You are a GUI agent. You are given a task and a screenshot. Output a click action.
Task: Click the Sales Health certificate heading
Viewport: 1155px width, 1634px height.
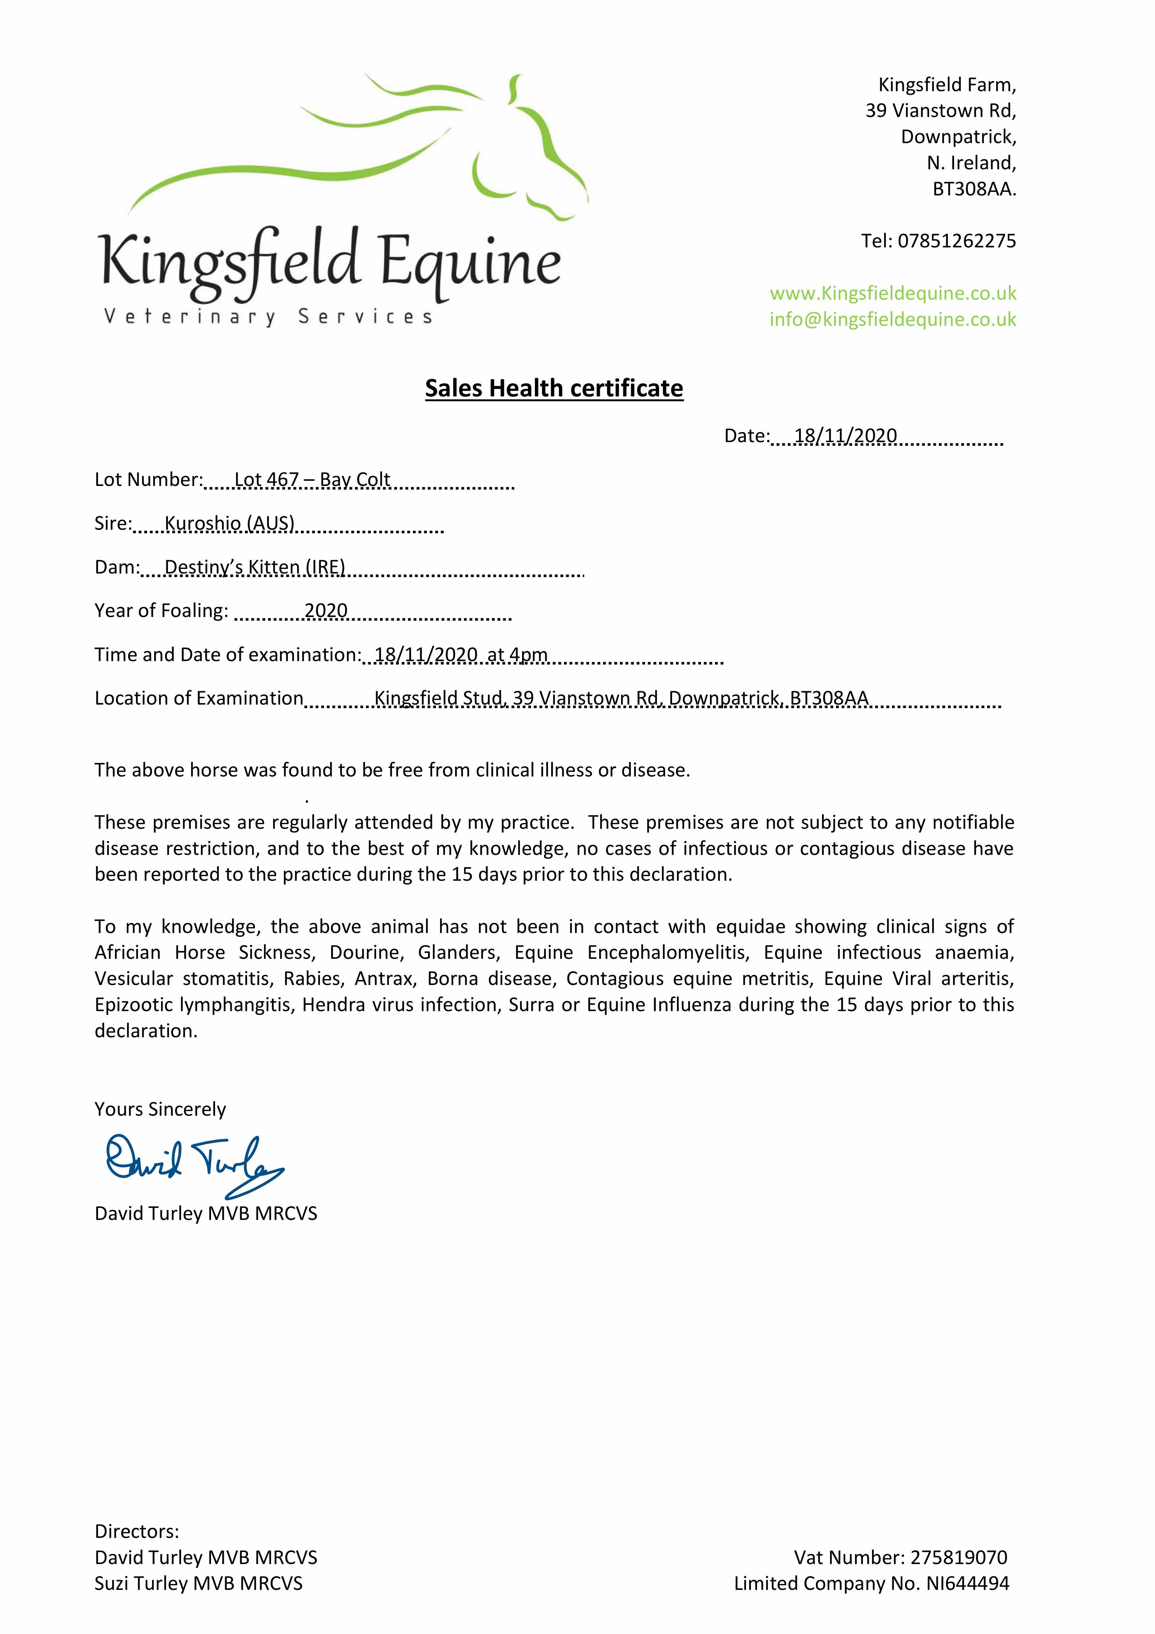click(554, 389)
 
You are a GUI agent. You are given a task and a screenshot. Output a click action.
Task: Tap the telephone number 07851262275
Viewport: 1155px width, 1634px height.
click(956, 241)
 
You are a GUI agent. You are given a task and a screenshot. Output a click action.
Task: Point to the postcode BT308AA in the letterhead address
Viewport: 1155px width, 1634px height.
click(974, 189)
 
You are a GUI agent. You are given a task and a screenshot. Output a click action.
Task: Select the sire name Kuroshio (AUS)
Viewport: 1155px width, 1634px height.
click(229, 524)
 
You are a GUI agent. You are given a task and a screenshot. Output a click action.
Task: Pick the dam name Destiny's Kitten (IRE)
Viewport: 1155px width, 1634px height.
click(255, 567)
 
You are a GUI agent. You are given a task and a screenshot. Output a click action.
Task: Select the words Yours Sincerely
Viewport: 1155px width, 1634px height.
click(160, 1109)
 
